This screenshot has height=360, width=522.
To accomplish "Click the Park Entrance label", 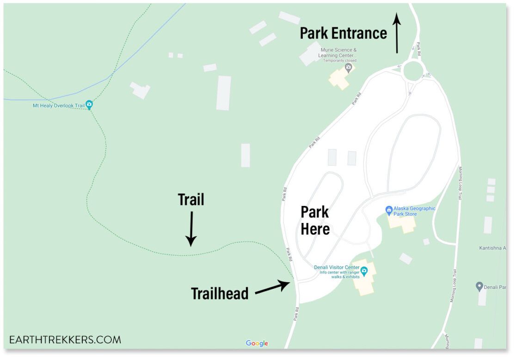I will click(x=343, y=33).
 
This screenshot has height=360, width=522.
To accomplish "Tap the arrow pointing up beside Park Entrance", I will click(x=396, y=33).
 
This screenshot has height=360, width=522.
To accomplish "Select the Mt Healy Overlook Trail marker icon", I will click(x=89, y=105).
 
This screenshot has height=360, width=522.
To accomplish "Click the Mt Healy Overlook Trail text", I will click(x=58, y=106).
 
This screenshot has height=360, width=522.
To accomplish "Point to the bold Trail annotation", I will click(x=191, y=199).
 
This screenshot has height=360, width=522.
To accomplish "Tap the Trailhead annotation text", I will click(x=220, y=293).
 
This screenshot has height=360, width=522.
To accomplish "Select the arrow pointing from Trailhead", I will click(x=272, y=287).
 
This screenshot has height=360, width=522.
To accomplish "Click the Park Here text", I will click(x=315, y=220).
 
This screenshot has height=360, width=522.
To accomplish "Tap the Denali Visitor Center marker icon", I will click(x=364, y=271).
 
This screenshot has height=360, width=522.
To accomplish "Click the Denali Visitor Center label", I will click(x=337, y=267).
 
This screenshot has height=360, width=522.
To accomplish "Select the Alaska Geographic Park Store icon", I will click(x=389, y=211).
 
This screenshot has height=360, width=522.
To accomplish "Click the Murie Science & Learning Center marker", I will click(x=349, y=68).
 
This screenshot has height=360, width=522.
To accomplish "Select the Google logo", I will click(x=257, y=343).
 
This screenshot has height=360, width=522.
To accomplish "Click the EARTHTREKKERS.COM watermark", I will click(x=65, y=340).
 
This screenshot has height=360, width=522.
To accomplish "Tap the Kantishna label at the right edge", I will click(x=492, y=248).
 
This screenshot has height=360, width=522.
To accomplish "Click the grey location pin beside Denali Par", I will click(x=479, y=287).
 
